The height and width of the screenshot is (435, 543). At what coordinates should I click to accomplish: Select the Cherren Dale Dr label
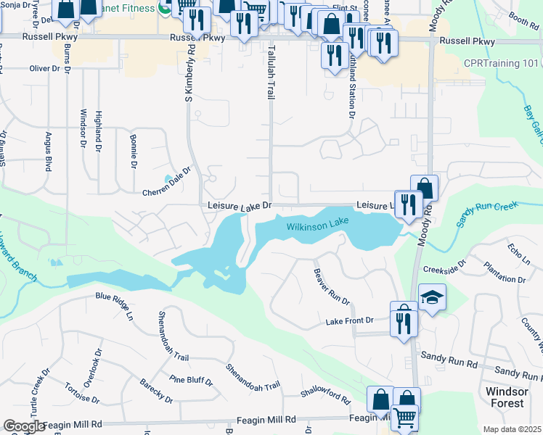(166, 181)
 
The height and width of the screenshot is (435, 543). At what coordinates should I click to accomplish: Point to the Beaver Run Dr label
(332, 286)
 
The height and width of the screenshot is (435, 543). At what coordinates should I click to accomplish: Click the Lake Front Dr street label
(349, 320)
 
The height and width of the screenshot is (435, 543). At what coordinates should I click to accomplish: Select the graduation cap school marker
(432, 297)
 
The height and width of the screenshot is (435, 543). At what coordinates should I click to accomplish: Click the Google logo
(23, 426)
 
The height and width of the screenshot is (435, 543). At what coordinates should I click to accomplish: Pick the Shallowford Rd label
(327, 397)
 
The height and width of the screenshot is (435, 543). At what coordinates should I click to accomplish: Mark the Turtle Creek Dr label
(35, 392)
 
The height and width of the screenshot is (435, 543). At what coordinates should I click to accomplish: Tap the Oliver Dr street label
(44, 68)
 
